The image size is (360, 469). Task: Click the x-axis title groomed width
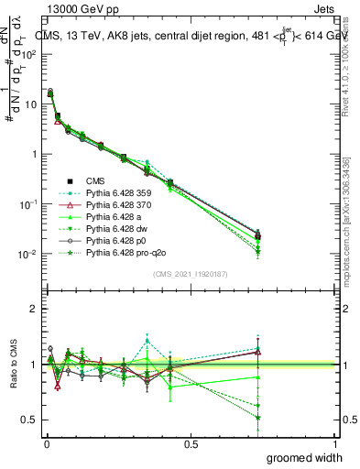pos(304,457)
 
